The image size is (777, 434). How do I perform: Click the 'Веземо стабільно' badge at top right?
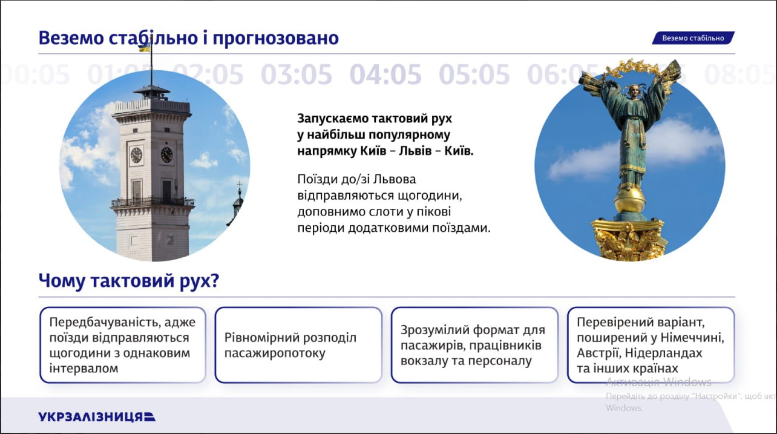point(693,38)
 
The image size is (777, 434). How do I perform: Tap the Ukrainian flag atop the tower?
point(145,47)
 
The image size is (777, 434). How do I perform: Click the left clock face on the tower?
point(136,155)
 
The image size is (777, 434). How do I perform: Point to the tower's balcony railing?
point(152,202)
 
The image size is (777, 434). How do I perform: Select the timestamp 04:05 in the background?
point(385,74)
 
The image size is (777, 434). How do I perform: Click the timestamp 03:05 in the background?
point(297,74)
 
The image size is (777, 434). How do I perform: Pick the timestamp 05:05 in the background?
point(474,74)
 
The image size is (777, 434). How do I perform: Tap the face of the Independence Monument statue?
point(635,92)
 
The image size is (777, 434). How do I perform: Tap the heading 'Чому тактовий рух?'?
point(129,281)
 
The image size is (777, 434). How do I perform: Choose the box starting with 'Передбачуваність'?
point(123,345)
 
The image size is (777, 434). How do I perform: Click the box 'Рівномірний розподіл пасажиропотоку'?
point(298,345)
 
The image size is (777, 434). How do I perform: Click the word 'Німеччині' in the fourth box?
point(694,337)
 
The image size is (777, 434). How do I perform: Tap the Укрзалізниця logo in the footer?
point(97,416)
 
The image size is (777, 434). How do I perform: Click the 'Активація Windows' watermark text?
point(658,382)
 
